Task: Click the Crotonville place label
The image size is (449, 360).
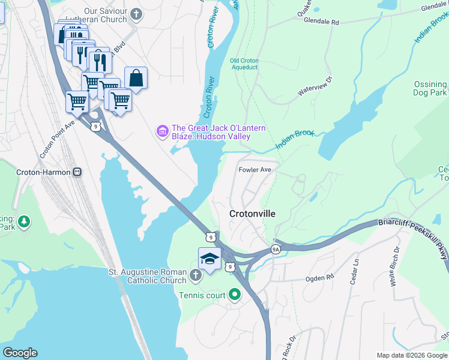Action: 252,214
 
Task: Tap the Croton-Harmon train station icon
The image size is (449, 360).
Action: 77,172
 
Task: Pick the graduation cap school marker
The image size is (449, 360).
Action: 208,259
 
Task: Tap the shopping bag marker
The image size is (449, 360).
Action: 136,77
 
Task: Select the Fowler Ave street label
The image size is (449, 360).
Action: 255,170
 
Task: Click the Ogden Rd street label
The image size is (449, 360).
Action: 320,278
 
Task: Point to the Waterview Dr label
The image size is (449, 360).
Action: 315,86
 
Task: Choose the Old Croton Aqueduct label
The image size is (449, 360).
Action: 244,64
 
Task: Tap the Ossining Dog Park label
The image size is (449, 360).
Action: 430,89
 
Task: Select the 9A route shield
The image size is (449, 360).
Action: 276,248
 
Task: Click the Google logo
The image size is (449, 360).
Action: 20,353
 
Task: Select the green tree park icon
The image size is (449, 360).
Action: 24,221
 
